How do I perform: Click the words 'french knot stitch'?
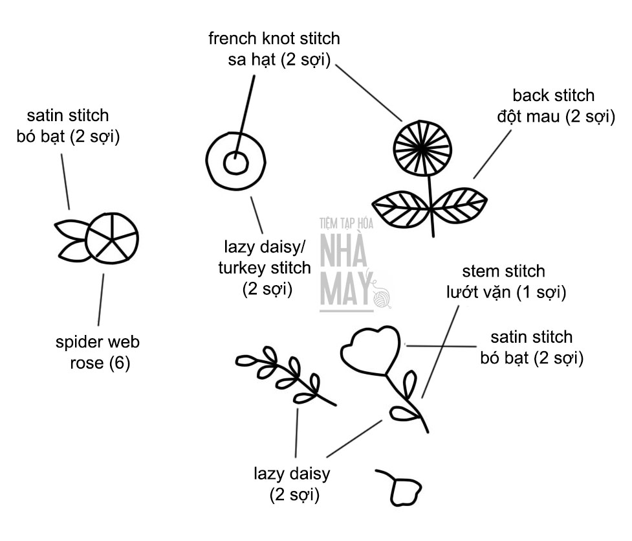tap(274, 38)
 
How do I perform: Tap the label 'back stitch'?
tap(553, 96)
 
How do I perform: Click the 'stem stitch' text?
tap(504, 271)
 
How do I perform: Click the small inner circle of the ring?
tap(235, 163)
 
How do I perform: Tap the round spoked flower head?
tap(421, 148)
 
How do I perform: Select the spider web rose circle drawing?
tap(112, 238)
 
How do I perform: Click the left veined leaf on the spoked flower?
tap(400, 209)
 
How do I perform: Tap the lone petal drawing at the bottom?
tap(405, 490)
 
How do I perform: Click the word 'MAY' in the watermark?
tap(345, 291)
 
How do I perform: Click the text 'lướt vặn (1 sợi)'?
tap(507, 292)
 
